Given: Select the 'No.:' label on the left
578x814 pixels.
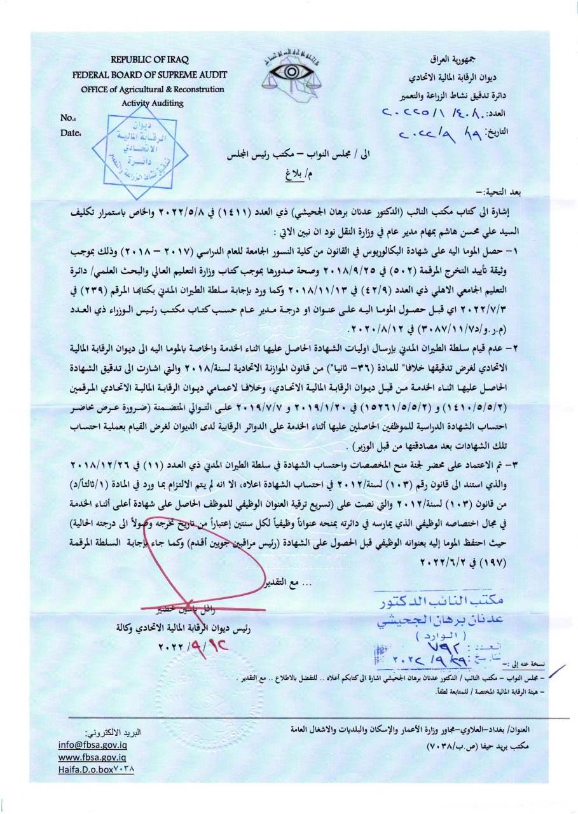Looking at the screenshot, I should click(x=68, y=118).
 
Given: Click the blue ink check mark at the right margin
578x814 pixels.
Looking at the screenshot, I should click(x=557, y=670).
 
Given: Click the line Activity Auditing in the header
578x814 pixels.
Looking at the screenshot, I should click(x=153, y=103).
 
